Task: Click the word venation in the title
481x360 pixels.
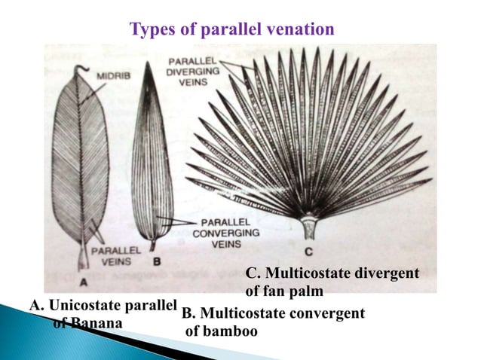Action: pyautogui.click(x=296, y=30)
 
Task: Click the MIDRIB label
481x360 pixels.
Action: pyautogui.click(x=112, y=75)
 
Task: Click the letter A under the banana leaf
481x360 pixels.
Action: pyautogui.click(x=84, y=280)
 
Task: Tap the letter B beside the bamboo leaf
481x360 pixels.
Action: pyautogui.click(x=157, y=261)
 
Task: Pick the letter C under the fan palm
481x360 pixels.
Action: pyautogui.click(x=308, y=250)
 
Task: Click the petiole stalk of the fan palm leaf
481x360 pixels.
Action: pyautogui.click(x=308, y=225)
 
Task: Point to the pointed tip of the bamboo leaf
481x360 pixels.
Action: pyautogui.click(x=151, y=64)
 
